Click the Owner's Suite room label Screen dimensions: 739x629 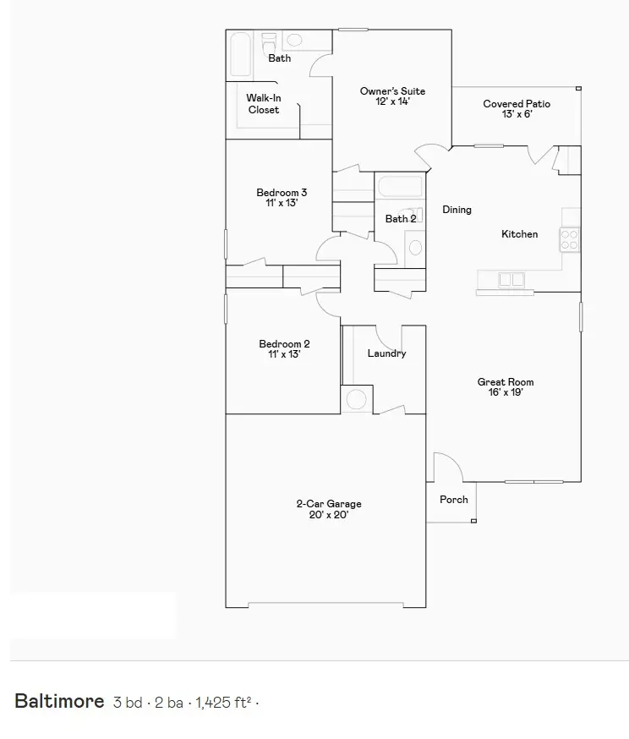392,96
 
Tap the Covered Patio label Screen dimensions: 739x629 517,109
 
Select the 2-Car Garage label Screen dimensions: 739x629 329,509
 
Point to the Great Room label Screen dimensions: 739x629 506,387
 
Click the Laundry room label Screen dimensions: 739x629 386,353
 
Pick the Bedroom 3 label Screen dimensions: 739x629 282,198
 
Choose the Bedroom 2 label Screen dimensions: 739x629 284,349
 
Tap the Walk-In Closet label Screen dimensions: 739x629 263,104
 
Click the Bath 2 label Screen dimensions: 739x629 401,219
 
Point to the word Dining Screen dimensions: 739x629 457,210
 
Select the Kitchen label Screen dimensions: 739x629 519,234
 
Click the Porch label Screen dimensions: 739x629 454,500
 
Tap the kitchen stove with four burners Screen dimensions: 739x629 570,239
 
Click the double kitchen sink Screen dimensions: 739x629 511,279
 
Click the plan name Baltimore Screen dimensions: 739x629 59,701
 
